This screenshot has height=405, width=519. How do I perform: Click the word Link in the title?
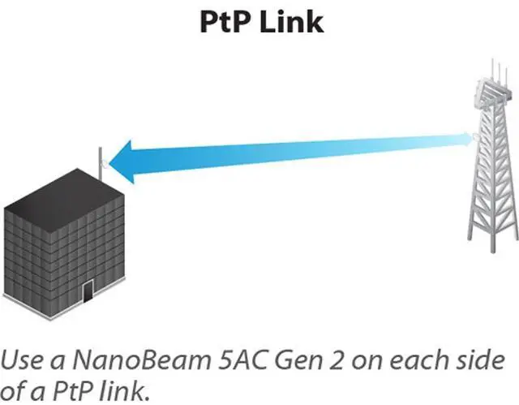[x=292, y=22]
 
